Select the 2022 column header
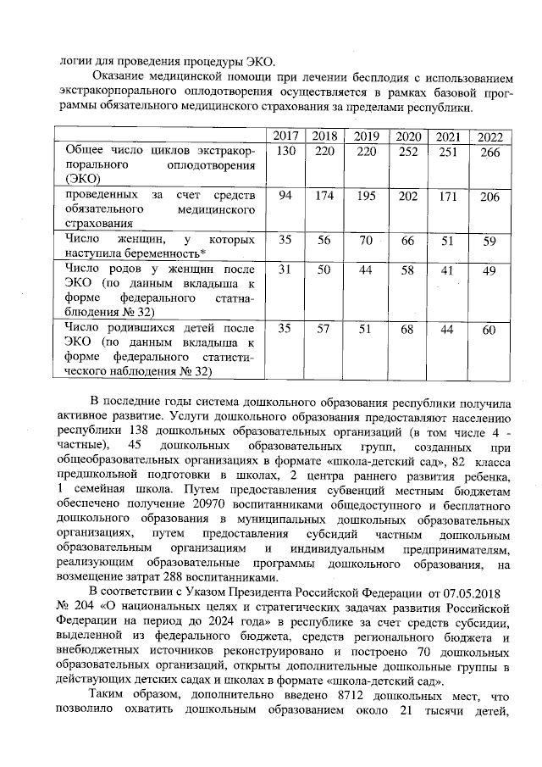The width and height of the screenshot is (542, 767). click(489, 136)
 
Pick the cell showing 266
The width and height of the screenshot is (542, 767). click(489, 151)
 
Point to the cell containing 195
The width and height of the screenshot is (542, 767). click(366, 197)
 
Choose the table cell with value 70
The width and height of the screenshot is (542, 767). click(366, 240)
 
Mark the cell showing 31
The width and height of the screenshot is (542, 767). click(285, 270)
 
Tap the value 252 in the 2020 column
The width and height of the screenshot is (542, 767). click(407, 151)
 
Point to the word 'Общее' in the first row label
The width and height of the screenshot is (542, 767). click(86, 151)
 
